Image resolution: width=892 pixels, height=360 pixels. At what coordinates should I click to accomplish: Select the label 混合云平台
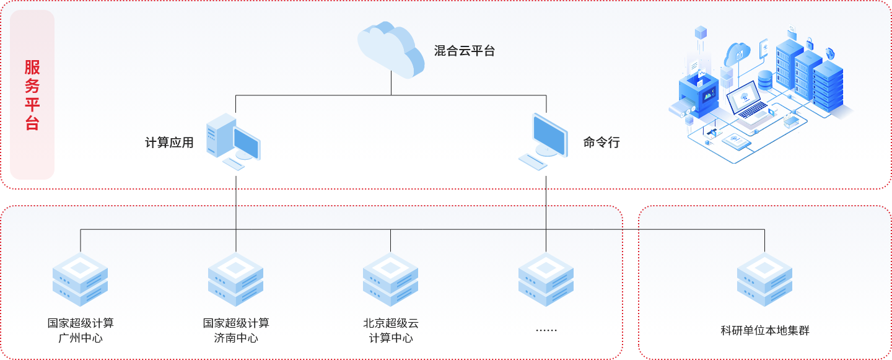465,51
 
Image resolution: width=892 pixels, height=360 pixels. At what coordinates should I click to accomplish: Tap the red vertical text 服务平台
32,95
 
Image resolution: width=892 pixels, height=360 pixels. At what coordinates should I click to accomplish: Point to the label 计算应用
169,143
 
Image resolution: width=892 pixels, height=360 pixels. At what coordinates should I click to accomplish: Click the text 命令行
601,143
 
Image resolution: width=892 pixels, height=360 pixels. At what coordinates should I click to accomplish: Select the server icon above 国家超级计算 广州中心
81,279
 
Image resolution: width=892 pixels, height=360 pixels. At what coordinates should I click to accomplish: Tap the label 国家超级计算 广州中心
81,330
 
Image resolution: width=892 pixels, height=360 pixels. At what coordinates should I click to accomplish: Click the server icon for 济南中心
236,279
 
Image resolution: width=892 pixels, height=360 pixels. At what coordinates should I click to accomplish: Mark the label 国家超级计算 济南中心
236,330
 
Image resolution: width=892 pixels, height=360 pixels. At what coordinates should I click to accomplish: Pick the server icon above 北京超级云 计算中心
391,279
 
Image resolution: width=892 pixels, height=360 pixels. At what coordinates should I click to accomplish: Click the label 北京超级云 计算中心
391,330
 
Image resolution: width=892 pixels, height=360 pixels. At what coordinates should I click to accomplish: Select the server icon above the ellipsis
546,279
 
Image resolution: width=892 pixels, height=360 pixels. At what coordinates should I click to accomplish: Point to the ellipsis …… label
546,330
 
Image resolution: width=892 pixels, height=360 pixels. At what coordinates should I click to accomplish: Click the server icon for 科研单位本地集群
765,279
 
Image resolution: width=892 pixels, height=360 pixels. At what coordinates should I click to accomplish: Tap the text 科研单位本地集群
765,330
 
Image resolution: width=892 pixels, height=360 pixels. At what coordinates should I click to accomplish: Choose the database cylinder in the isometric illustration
766,80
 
